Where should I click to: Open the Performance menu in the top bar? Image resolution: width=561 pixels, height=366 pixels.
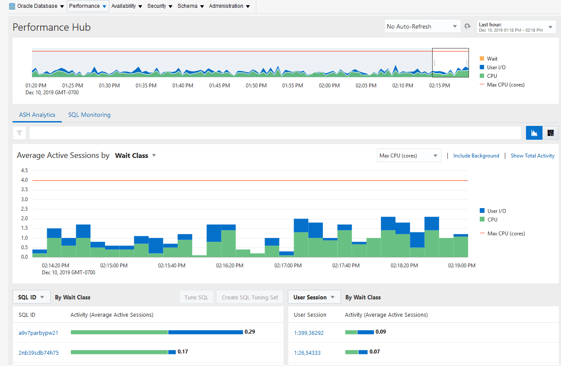click(x=88, y=6)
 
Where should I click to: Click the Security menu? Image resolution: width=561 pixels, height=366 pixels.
click(x=159, y=6)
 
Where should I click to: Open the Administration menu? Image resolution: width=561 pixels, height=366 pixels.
click(x=229, y=6)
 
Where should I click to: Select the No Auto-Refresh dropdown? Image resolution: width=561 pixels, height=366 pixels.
click(x=421, y=26)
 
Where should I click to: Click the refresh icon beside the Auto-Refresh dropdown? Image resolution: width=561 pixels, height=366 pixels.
click(x=468, y=26)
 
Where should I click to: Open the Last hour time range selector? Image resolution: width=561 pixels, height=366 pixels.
click(x=516, y=27)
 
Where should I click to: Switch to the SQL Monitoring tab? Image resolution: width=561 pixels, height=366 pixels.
click(x=89, y=115)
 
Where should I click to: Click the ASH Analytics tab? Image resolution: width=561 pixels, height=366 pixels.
click(x=37, y=115)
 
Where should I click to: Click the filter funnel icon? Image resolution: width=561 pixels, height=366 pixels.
click(x=19, y=133)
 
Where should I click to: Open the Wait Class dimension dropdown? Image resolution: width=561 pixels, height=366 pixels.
click(x=135, y=156)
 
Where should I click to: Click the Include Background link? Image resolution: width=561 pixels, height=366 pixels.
click(x=476, y=156)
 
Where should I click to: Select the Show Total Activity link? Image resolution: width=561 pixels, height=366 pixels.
click(x=532, y=156)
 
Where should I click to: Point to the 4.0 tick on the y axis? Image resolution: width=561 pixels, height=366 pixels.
click(x=24, y=180)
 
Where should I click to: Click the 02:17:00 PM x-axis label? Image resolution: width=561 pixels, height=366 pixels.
click(x=287, y=265)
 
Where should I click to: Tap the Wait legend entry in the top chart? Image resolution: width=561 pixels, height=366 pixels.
click(x=492, y=59)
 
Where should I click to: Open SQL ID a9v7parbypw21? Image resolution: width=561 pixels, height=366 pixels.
click(x=38, y=333)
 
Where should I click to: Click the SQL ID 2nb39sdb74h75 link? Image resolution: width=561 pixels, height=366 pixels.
click(x=38, y=353)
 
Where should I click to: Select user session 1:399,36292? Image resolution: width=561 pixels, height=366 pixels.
click(x=309, y=333)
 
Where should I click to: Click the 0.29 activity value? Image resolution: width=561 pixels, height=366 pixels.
click(x=249, y=332)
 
